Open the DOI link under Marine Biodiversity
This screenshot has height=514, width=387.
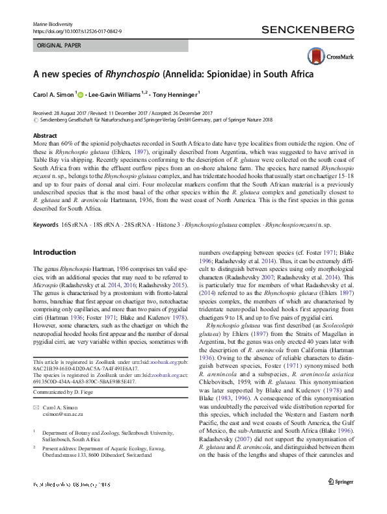click(77, 31)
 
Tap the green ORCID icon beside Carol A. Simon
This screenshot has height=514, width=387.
click(81, 94)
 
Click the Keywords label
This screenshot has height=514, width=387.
click(46, 224)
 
